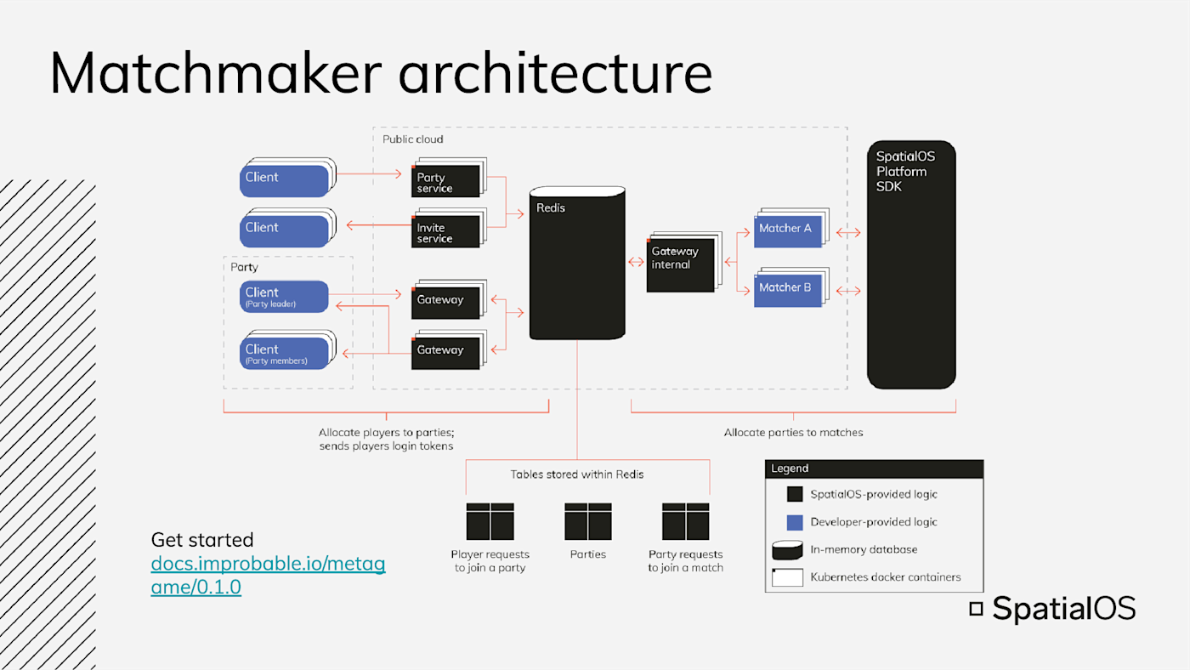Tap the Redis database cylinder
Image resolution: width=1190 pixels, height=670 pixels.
(577, 263)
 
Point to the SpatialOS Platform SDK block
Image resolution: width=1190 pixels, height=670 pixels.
(911, 264)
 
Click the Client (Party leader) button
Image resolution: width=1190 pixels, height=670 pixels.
(284, 297)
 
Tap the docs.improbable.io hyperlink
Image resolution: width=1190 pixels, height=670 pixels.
(268, 575)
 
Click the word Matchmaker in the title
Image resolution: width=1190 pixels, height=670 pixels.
(216, 73)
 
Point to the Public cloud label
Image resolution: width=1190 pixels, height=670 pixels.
(413, 139)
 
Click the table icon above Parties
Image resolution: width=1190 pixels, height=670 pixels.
(588, 521)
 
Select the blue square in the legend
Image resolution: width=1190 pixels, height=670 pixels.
(794, 522)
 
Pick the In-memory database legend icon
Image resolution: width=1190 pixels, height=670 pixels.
(787, 550)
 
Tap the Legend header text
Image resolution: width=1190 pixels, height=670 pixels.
(790, 468)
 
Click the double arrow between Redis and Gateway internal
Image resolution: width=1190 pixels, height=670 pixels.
(636, 261)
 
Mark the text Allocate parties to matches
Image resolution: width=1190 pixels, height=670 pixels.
(793, 433)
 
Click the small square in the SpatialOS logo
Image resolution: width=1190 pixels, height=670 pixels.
(976, 609)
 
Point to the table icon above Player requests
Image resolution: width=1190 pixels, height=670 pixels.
(490, 521)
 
